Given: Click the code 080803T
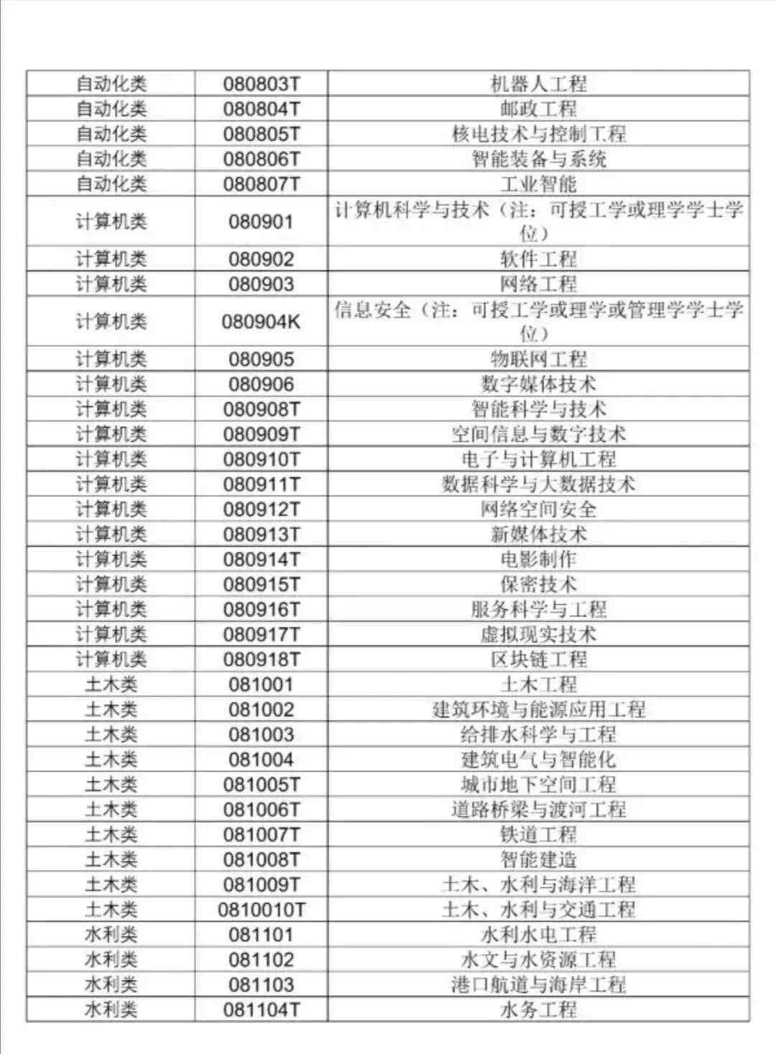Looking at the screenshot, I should click(262, 84).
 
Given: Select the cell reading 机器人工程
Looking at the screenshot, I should click(538, 84).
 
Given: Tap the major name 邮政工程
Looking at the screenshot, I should click(538, 109).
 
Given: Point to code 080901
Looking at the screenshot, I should click(262, 221).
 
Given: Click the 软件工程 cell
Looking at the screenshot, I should click(538, 259).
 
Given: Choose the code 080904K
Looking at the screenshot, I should click(262, 321).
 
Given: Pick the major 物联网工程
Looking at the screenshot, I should click(538, 359).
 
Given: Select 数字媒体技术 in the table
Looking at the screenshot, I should click(538, 384).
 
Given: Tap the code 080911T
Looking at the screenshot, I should click(262, 484).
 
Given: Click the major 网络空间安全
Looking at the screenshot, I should click(538, 509).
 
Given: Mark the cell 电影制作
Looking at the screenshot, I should click(538, 559).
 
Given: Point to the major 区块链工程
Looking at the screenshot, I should click(538, 659).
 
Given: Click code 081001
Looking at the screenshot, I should click(262, 684).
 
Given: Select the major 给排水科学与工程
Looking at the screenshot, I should click(538, 734).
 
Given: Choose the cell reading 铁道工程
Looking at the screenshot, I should click(538, 834).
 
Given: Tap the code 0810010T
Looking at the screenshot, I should click(262, 910).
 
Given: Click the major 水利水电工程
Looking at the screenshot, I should click(538, 935).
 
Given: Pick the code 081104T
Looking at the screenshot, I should click(262, 1009).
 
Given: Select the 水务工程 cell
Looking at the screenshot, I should click(538, 1009).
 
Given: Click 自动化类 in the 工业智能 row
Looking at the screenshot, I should click(111, 184).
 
